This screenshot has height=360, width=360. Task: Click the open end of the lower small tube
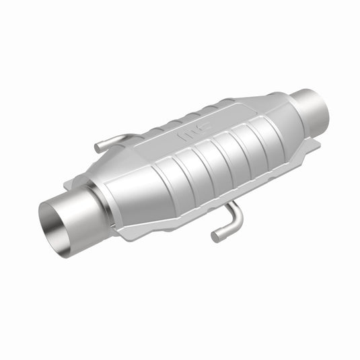pyautogui.click(x=215, y=236)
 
